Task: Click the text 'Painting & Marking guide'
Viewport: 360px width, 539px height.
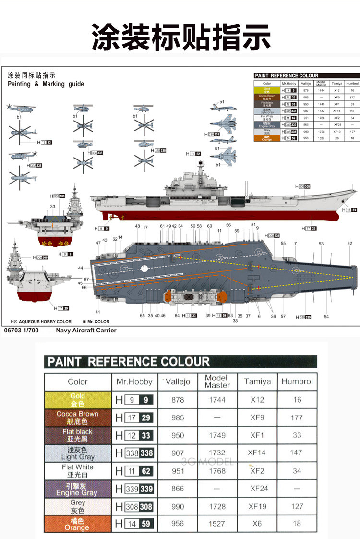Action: coord(46,84)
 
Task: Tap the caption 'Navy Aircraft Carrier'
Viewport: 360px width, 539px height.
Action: coord(86,331)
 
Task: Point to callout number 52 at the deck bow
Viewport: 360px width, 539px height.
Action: coord(349,244)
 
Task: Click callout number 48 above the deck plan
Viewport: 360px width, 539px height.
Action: coord(137,226)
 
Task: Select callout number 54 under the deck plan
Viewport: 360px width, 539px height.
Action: coord(326,316)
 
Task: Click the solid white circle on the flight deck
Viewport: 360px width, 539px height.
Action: coord(143,269)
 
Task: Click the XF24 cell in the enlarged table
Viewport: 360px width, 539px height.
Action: coord(257,489)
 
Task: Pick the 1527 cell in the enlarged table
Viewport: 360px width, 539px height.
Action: coord(217,524)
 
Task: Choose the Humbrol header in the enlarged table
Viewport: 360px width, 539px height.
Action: coord(297,381)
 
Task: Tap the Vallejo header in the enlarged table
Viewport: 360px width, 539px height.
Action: coord(177,381)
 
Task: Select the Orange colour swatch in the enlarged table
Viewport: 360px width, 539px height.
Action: coord(77,524)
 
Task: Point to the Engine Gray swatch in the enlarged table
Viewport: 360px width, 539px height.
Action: coord(77,489)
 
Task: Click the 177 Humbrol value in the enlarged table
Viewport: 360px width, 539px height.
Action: coord(297,417)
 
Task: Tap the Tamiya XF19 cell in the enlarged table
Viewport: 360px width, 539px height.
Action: coord(257,506)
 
